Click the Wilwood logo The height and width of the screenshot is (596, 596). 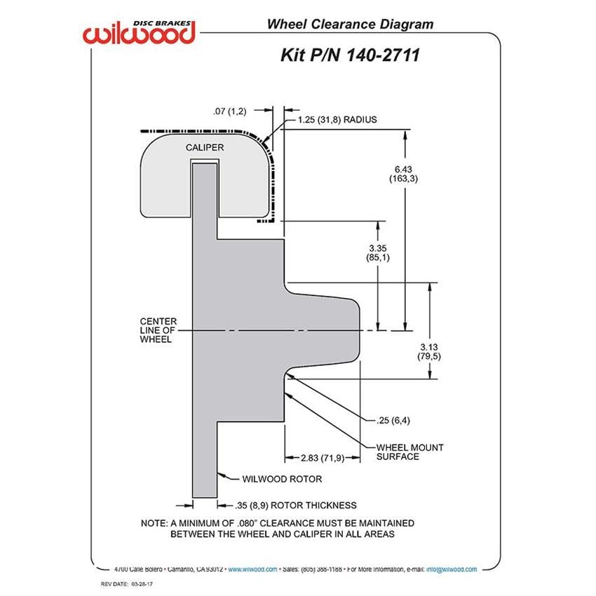point(139,32)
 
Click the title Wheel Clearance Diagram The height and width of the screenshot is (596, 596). point(350,24)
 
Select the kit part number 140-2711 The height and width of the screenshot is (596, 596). point(383,55)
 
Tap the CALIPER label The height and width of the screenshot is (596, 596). point(205,147)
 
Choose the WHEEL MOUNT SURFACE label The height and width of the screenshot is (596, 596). point(409,452)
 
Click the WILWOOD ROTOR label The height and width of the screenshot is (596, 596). point(282,479)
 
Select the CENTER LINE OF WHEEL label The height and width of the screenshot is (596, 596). point(158,330)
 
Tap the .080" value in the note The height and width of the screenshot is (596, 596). point(247,523)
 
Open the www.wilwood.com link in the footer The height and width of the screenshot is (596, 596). point(252,569)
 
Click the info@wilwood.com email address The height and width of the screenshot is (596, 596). point(451,569)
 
